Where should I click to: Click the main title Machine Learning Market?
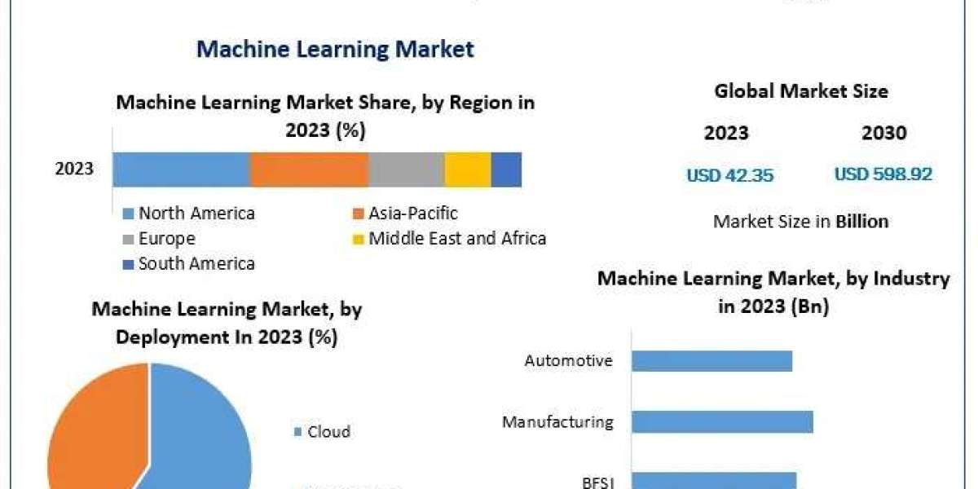tap(335, 49)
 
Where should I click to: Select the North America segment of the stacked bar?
tap(181, 170)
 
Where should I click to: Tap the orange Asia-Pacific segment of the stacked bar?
tap(309, 170)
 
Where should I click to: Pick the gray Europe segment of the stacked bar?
tap(406, 170)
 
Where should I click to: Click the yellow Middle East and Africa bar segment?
tap(467, 170)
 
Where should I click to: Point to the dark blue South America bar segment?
tap(506, 170)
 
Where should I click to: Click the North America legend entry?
tap(189, 214)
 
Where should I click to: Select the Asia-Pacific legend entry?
tap(405, 214)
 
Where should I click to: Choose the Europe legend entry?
tap(159, 239)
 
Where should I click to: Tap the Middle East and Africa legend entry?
tap(449, 239)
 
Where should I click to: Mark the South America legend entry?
tap(189, 263)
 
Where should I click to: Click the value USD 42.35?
tap(729, 174)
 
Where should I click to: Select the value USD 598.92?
tap(883, 174)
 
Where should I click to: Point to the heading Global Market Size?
tap(801, 91)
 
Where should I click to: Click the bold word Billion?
tap(861, 221)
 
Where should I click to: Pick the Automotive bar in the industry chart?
tap(711, 360)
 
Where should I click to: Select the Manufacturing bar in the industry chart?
tap(722, 421)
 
